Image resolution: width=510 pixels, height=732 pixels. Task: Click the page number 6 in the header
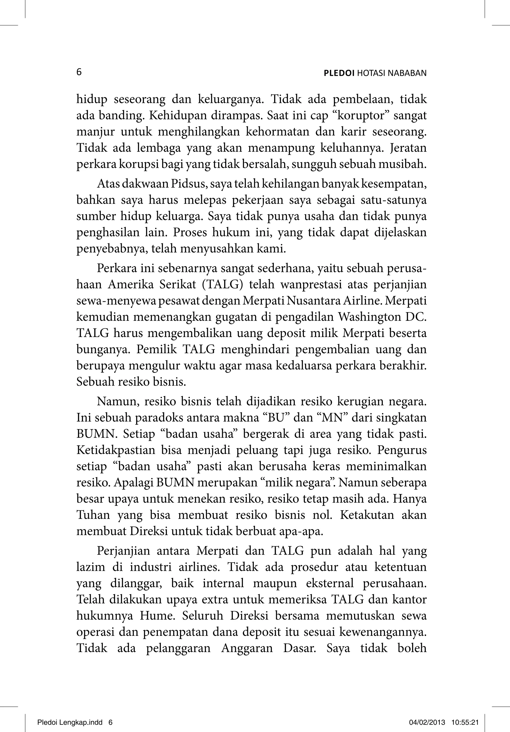click(79, 72)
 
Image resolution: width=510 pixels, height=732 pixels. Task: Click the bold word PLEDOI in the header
click(339, 73)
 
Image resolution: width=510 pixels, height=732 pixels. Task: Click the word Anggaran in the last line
click(247, 648)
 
